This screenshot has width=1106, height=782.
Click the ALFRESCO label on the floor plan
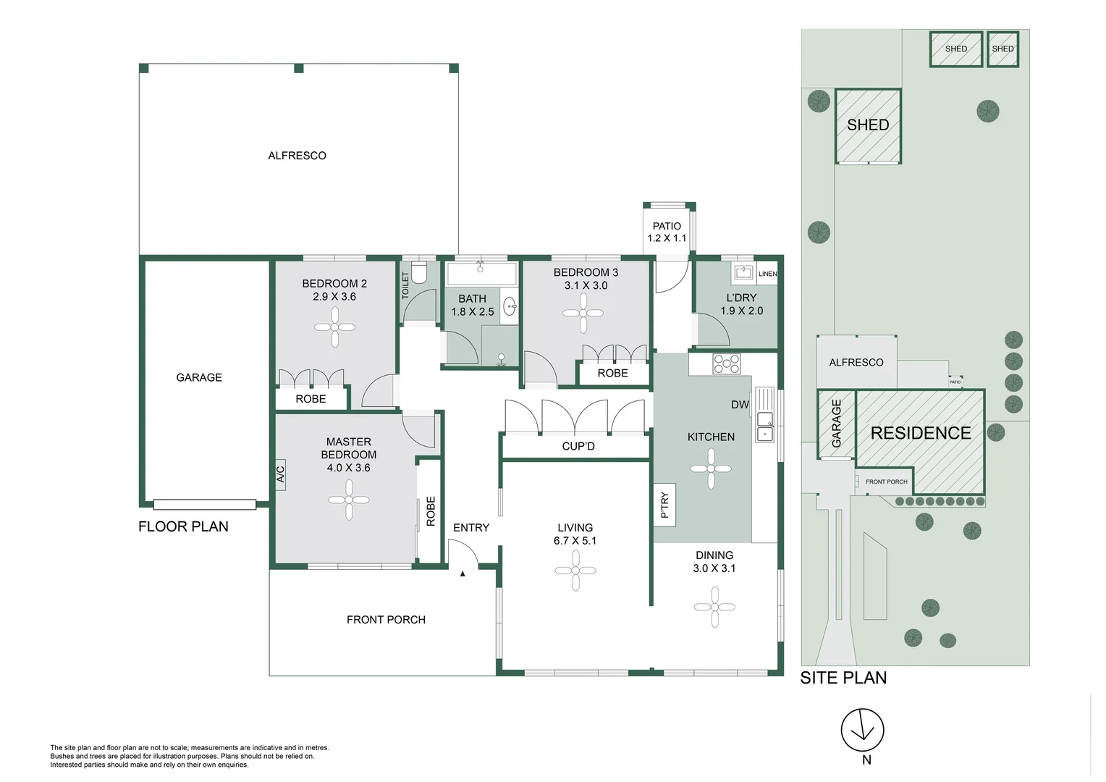(x=297, y=156)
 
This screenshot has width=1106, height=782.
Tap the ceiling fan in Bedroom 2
(x=334, y=327)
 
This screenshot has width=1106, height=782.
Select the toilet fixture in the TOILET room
(x=419, y=273)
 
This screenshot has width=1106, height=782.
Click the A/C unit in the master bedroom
(x=280, y=475)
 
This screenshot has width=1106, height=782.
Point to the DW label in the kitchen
(x=740, y=405)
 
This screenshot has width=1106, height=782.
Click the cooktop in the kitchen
(x=726, y=363)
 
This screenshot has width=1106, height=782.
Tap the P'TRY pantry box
(x=664, y=505)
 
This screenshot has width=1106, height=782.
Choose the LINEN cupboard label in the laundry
(x=767, y=274)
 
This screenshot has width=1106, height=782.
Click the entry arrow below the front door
(x=463, y=573)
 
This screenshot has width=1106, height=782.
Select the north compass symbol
(x=862, y=730)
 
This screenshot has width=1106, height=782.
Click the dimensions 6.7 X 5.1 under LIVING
(x=575, y=541)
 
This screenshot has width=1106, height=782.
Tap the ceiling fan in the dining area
(x=714, y=607)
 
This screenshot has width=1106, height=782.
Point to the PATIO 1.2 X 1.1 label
(x=667, y=232)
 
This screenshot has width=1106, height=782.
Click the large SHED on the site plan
(x=868, y=125)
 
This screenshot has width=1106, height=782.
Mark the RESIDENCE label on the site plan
(x=920, y=433)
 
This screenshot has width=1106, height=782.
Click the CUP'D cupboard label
(x=578, y=446)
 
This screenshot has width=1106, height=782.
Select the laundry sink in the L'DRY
(x=743, y=273)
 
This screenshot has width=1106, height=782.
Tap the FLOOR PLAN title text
(x=183, y=526)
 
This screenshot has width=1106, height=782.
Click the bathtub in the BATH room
(x=481, y=274)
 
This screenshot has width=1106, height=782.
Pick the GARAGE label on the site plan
(x=837, y=423)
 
